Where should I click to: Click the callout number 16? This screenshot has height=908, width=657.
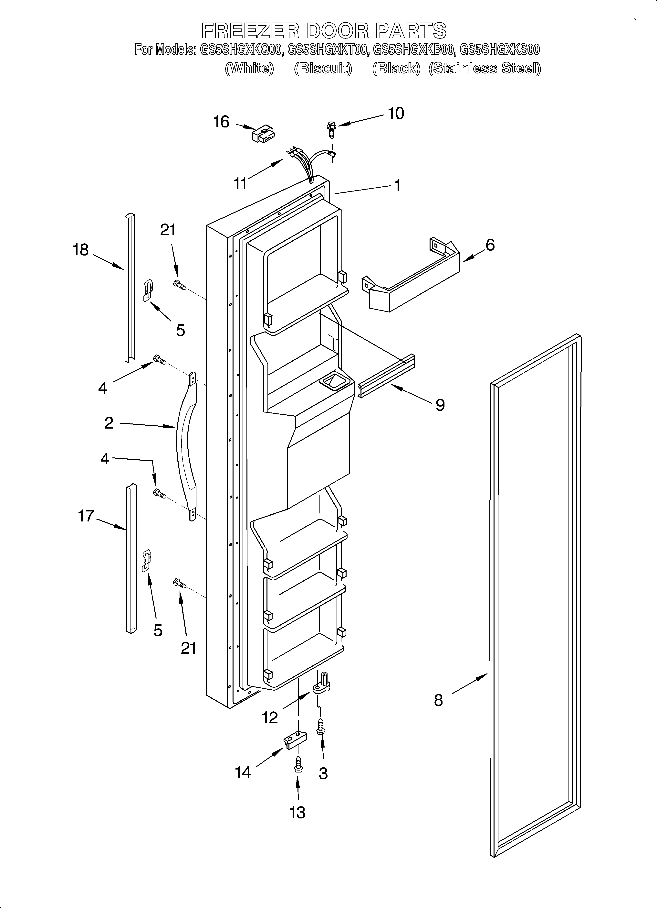point(221,122)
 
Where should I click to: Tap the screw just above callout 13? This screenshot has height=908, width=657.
point(298,765)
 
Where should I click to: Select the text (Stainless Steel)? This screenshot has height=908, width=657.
point(485,68)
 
